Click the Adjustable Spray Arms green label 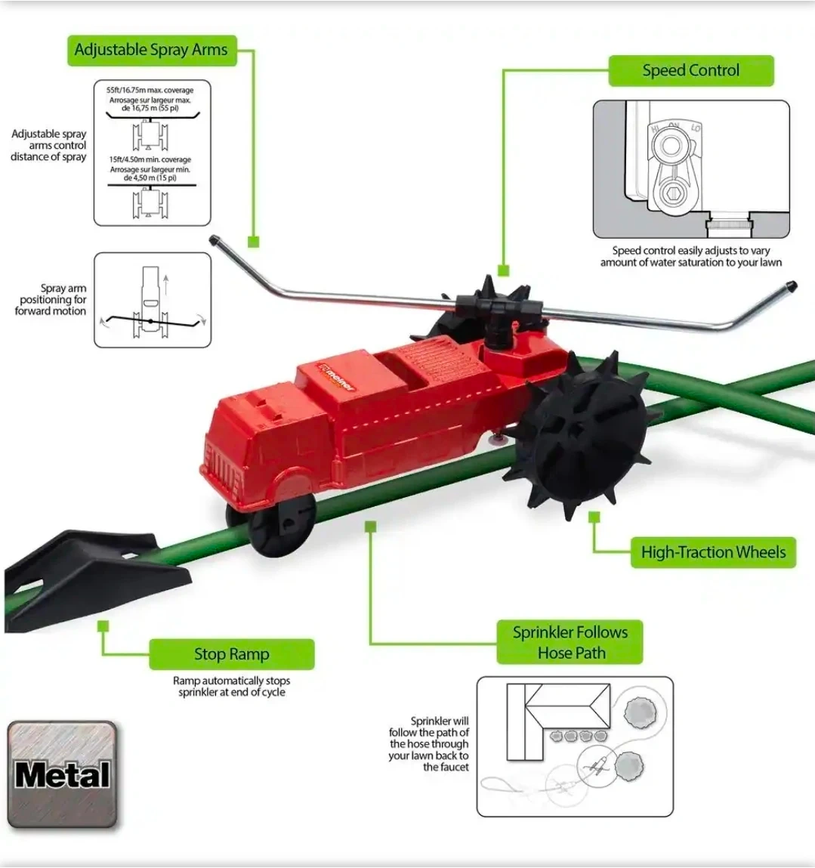151,51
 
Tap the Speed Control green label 690,71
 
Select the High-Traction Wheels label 713,552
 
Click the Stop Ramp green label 231,654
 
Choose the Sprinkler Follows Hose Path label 570,642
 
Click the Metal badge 62,775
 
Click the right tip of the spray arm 790,287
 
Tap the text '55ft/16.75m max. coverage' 150,90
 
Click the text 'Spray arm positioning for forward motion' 51,300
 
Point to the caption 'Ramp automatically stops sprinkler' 231,687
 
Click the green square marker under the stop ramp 103,626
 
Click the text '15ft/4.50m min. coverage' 150,160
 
